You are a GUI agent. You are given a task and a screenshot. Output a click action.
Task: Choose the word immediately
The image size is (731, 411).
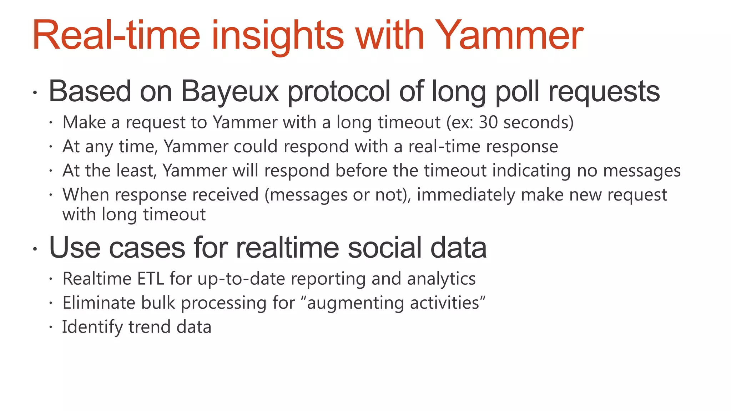[x=466, y=195]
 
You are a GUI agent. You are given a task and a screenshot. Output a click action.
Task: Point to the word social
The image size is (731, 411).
[x=385, y=248]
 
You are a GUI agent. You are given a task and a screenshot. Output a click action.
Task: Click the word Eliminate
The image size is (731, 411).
[x=99, y=303]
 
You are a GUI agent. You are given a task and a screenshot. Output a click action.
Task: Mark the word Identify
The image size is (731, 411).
[x=92, y=327]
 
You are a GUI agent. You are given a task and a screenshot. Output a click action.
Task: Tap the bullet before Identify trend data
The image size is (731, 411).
[x=51, y=327]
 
